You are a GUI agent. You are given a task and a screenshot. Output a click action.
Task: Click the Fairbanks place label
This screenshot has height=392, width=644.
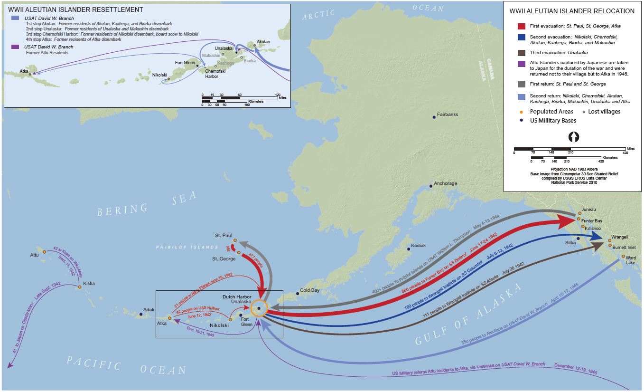(x=448, y=115)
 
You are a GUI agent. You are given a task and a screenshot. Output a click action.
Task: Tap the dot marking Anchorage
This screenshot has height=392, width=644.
(x=430, y=186)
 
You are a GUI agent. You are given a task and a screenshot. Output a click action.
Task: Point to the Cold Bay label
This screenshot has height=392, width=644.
(x=309, y=290)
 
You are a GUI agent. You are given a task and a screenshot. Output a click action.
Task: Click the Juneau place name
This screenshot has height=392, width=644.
(x=588, y=210)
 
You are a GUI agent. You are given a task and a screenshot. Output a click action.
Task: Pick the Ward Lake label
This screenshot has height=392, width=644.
(x=631, y=260)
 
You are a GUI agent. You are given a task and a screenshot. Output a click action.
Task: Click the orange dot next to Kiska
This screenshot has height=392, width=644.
(x=79, y=287)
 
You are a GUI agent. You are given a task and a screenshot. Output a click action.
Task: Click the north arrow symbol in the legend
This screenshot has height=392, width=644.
(x=574, y=137)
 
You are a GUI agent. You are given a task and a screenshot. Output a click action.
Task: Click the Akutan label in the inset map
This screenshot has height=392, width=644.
(x=263, y=42)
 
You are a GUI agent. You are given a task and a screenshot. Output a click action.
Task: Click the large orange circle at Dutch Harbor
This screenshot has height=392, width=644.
(x=259, y=308)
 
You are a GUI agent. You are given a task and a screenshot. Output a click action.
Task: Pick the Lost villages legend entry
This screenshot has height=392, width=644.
(x=604, y=112)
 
